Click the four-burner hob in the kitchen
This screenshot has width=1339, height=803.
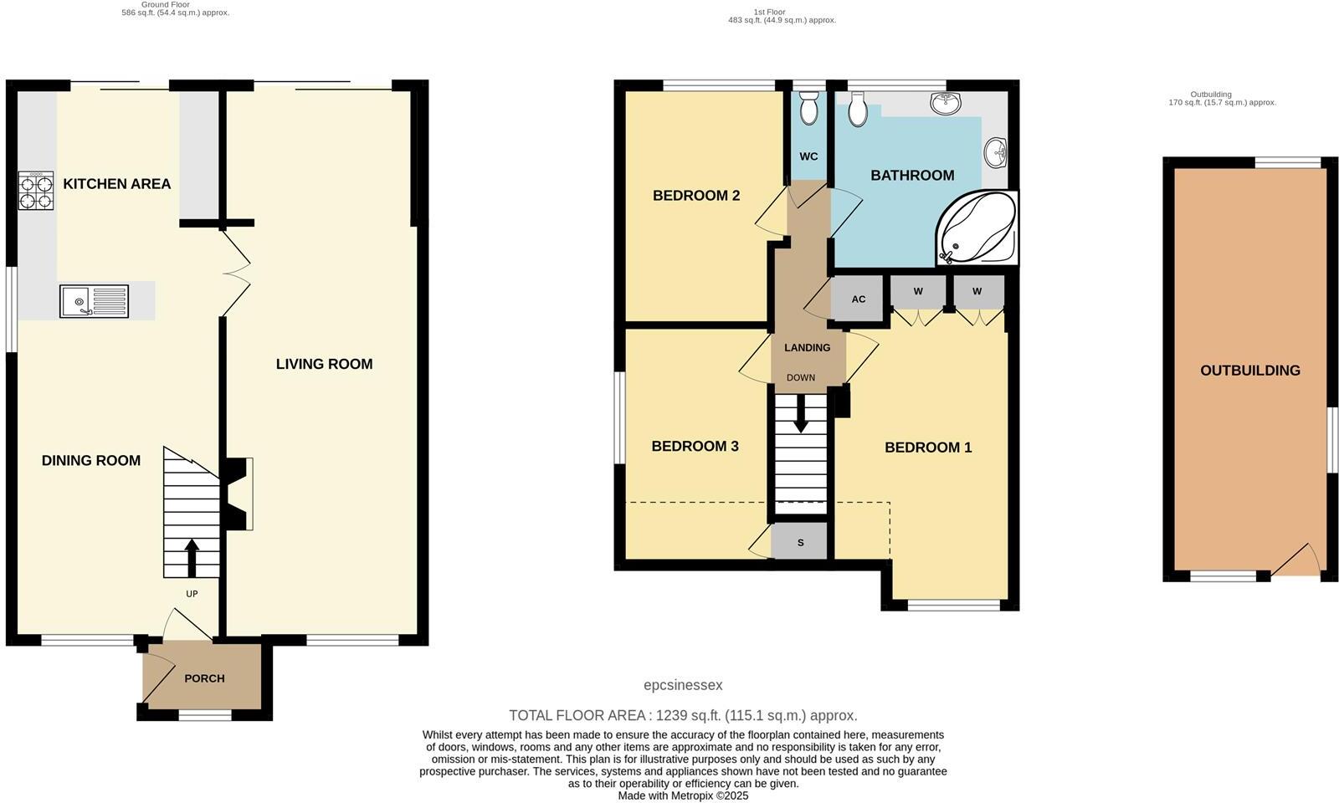click(36, 191)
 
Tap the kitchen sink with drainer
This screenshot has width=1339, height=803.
click(94, 301)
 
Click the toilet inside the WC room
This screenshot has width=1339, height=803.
click(808, 109)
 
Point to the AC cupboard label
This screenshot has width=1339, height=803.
click(859, 299)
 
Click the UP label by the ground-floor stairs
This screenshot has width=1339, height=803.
click(192, 594)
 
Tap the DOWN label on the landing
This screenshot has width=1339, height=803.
click(801, 378)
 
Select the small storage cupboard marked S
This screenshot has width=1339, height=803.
click(800, 543)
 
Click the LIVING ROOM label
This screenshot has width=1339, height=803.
click(324, 364)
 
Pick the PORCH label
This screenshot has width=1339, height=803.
click(204, 678)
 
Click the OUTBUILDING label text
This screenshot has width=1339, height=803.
click(1250, 371)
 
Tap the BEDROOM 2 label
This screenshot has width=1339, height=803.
click(696, 196)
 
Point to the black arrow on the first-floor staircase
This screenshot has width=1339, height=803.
click(801, 415)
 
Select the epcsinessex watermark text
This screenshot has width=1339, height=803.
click(683, 685)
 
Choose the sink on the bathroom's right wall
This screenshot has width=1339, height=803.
click(996, 152)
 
